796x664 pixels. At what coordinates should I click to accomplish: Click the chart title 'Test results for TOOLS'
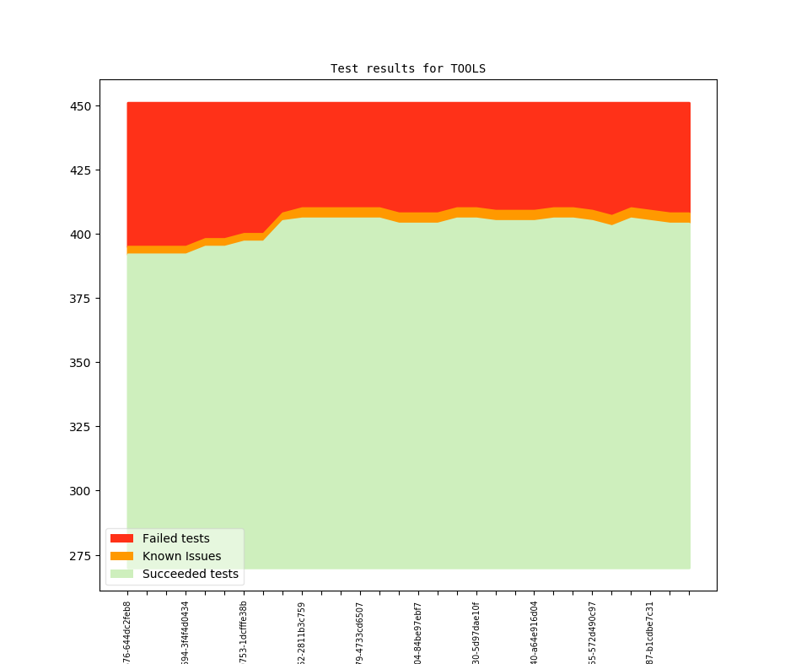407,68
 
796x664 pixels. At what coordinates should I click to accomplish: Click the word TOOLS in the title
468,68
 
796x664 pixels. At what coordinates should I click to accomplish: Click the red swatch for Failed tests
121,538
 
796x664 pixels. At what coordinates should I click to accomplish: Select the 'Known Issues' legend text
181,556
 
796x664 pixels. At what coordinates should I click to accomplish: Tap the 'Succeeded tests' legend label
190,575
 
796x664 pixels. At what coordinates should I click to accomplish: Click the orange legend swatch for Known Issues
121,556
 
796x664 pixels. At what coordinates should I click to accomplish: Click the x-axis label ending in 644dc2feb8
127,630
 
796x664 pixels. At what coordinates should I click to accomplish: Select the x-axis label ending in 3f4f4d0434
186,632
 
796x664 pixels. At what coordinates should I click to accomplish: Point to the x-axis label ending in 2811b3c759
302,632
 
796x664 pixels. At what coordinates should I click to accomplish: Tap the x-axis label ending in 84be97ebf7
418,632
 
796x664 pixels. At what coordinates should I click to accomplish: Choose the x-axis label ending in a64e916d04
534,632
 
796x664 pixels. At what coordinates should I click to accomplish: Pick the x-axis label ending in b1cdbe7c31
650,632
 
